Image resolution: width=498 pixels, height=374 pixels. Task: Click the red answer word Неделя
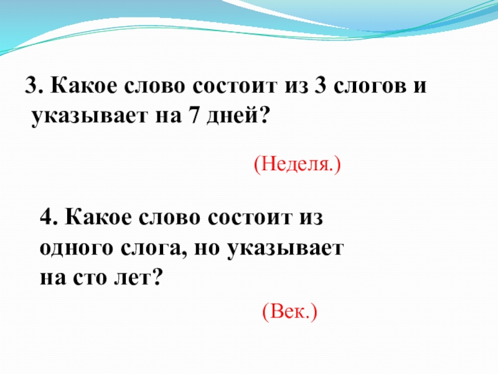pyautogui.click(x=298, y=165)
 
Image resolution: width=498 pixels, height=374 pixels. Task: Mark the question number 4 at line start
pyautogui.click(x=45, y=219)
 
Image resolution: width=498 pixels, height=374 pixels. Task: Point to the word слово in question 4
pyautogui.click(x=167, y=219)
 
